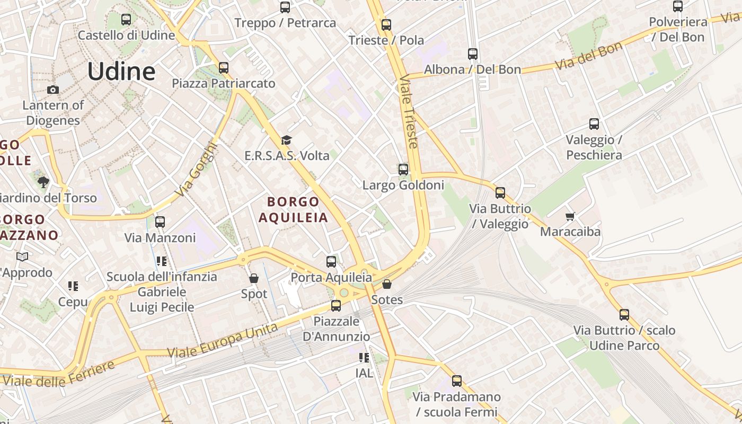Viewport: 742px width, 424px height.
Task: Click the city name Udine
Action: [x=121, y=71]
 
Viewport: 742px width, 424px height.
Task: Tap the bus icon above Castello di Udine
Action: [x=126, y=19]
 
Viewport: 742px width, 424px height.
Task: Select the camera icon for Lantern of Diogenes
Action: [x=52, y=90]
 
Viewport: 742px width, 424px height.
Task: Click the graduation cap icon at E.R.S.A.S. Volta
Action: [x=286, y=140]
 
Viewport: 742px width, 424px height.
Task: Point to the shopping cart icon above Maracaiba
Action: [x=570, y=216]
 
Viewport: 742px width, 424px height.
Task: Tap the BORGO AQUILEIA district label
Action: [x=293, y=209]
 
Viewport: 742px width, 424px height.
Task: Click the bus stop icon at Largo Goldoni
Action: [x=403, y=170]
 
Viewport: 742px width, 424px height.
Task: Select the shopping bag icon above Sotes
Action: [x=387, y=284]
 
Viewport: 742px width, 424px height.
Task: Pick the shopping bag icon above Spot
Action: [x=254, y=278]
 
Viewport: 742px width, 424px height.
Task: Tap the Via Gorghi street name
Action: [x=197, y=170]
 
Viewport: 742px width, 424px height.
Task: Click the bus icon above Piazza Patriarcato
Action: [x=224, y=68]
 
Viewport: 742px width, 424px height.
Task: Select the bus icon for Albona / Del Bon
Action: [x=473, y=54]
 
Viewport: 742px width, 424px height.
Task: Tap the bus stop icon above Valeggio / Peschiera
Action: [x=594, y=124]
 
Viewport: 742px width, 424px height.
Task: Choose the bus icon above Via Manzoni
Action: [x=160, y=222]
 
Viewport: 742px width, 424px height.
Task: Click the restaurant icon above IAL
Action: [x=364, y=358]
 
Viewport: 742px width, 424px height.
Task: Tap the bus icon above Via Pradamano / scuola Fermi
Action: [x=457, y=381]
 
